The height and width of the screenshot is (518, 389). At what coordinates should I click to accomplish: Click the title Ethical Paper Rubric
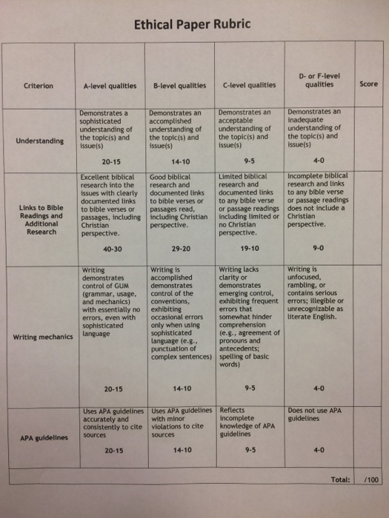pos(192,25)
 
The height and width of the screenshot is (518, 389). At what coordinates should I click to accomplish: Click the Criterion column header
pos(39,86)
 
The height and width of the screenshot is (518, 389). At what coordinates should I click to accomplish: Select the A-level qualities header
pos(108,86)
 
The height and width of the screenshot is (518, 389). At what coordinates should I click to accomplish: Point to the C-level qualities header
pos(248,86)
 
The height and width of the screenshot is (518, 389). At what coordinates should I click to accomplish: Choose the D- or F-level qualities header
pos(319,80)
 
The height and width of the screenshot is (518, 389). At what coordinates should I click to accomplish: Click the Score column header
pos(368,84)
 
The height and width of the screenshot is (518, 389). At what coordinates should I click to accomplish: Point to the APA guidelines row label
pos(42,438)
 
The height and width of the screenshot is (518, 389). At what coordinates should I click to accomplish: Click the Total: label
pos(341,480)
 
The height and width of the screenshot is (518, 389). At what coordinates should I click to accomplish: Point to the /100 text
pos(371,480)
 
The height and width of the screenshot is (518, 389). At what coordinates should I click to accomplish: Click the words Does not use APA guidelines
pos(315,414)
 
